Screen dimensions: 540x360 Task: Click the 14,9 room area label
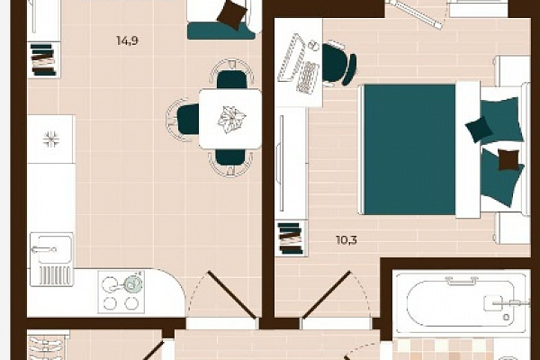[128, 40]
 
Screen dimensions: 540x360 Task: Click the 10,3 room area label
[346, 239]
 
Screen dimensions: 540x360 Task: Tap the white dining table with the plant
[230, 119]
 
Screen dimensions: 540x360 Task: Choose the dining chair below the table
[230, 162]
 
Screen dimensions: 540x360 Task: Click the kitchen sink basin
[52, 248]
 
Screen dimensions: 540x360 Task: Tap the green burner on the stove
[132, 283]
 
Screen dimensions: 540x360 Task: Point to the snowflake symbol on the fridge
[51, 139]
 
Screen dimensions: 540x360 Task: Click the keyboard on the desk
[308, 77]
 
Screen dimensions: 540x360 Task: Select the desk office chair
[337, 63]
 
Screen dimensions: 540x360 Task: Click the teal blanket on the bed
[409, 149]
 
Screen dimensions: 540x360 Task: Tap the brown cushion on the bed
[508, 160]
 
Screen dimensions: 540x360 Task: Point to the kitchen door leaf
[232, 294]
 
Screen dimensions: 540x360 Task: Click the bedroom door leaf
[327, 294]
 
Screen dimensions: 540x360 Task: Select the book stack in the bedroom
[291, 238]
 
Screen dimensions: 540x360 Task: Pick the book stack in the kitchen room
[43, 59]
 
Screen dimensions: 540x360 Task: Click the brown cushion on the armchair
[232, 13]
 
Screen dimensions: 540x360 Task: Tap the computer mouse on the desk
[312, 44]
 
